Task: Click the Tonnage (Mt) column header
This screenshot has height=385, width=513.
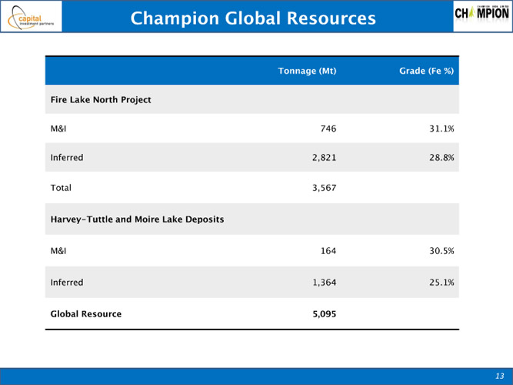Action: click(x=307, y=71)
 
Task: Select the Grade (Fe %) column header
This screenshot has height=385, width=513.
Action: click(x=427, y=71)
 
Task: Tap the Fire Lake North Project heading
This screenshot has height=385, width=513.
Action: click(x=101, y=99)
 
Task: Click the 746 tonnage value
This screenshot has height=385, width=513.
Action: click(x=328, y=129)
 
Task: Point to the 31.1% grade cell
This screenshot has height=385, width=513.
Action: click(x=441, y=129)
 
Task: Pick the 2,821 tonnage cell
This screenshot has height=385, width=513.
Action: click(x=325, y=158)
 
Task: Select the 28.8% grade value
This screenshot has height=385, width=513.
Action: click(x=441, y=158)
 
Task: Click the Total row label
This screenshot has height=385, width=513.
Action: click(x=61, y=188)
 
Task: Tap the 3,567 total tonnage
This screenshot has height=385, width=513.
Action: click(x=325, y=188)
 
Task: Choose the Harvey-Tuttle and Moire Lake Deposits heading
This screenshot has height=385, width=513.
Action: click(x=137, y=219)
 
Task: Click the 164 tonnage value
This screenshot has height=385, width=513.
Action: click(x=328, y=251)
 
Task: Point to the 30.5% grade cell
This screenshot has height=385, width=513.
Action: click(x=441, y=251)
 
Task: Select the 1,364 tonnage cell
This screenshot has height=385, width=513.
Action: click(x=325, y=283)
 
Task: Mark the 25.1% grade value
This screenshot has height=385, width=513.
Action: click(x=441, y=283)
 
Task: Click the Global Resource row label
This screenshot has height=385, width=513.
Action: click(x=86, y=314)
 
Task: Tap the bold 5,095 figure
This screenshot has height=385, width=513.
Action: click(x=325, y=314)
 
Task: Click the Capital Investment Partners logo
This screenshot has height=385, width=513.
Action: click(x=31, y=16)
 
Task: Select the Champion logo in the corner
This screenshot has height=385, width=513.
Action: click(x=482, y=16)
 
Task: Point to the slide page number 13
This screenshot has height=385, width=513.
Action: click(x=500, y=376)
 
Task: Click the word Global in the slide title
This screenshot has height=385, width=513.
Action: click(x=253, y=18)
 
